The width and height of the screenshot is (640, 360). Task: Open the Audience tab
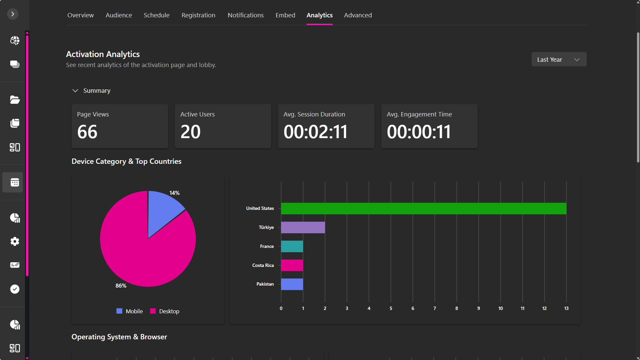(x=119, y=15)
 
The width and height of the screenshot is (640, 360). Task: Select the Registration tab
(x=198, y=15)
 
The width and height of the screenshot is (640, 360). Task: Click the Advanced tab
(x=358, y=15)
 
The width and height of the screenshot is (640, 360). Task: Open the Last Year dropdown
(x=559, y=59)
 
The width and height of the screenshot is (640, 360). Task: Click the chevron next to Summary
(x=75, y=91)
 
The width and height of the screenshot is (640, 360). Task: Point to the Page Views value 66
(x=87, y=132)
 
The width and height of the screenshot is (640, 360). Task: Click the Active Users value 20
(x=190, y=132)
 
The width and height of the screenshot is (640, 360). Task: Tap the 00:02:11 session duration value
(x=315, y=132)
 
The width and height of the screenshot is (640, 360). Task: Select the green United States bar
(x=423, y=209)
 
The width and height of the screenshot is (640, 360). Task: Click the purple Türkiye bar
(x=303, y=228)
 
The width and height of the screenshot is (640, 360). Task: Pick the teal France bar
(x=292, y=247)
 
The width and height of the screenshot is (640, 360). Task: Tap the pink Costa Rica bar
(x=292, y=266)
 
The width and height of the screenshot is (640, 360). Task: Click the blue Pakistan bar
(x=292, y=284)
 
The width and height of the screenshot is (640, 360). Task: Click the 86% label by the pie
(x=121, y=286)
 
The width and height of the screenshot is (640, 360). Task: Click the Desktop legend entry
(x=165, y=311)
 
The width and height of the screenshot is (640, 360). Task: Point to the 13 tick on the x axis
(x=566, y=309)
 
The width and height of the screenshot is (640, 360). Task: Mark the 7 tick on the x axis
(x=435, y=309)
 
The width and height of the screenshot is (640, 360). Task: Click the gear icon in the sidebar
(x=15, y=241)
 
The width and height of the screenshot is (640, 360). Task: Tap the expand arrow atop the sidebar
(x=13, y=14)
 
